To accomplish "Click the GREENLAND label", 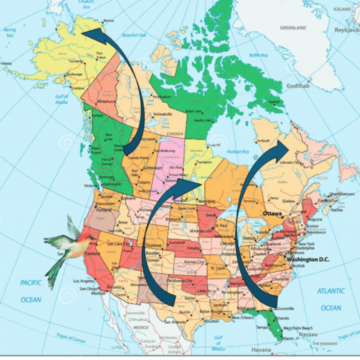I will pos(292,28).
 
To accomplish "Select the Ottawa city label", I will pos(272,214).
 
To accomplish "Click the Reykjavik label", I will pos(347,30).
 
